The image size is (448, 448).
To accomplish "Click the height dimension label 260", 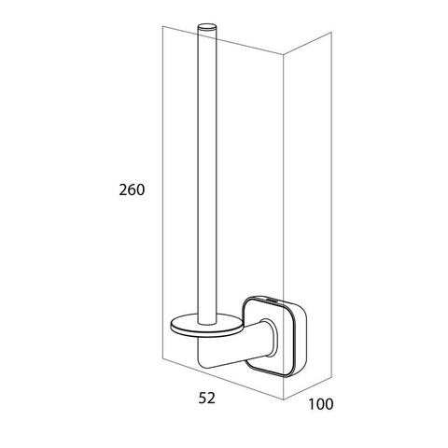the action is point(132,189).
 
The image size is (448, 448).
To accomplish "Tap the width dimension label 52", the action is point(207,398).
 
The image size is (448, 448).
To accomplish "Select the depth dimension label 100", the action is point(321,404).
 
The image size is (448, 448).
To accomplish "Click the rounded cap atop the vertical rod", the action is point(206,26).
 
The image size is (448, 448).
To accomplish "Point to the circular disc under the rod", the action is point(206,326).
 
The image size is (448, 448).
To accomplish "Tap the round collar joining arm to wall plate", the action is point(268,338).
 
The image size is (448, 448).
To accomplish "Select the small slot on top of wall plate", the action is point(273,301).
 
